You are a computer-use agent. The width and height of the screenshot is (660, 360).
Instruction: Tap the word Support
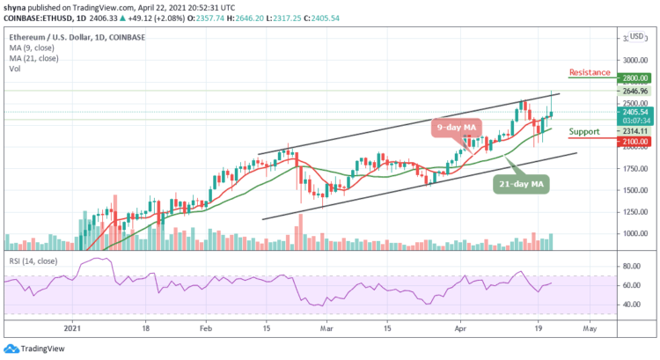click(x=584, y=131)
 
